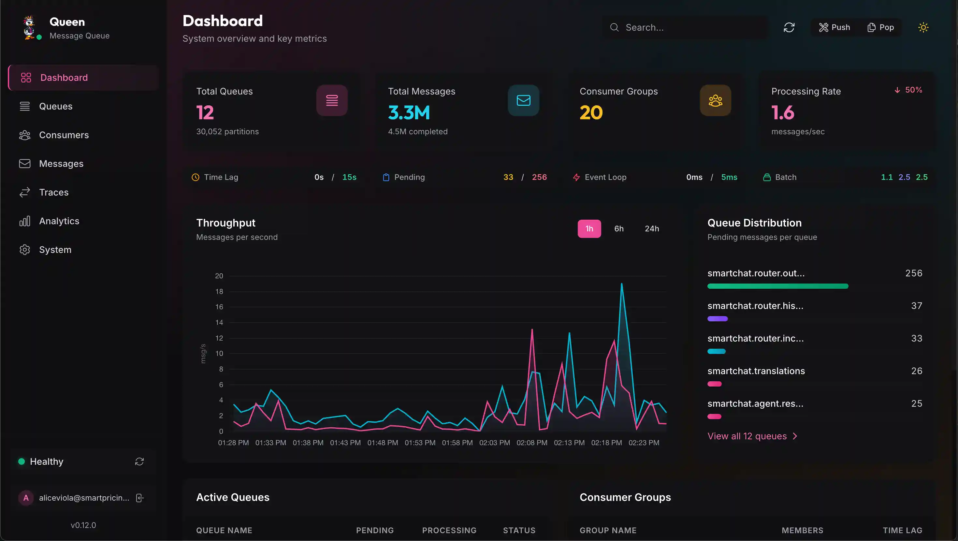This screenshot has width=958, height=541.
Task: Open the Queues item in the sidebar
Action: (55, 107)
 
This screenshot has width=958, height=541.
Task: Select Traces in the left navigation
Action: (53, 192)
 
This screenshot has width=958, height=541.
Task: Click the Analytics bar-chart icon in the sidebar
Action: (24, 221)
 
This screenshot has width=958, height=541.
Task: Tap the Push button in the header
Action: (834, 27)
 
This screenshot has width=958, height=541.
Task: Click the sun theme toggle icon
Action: (923, 27)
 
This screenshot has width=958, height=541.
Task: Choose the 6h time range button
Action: (619, 229)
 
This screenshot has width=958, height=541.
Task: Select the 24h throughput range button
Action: (652, 229)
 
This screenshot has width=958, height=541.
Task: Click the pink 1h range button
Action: (589, 229)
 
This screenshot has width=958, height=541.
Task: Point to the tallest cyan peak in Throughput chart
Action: (621, 284)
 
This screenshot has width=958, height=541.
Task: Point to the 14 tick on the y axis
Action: (219, 323)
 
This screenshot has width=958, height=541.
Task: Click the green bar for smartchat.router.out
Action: (777, 286)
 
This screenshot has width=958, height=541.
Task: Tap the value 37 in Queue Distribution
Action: (916, 306)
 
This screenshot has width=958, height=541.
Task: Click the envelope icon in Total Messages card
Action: (523, 100)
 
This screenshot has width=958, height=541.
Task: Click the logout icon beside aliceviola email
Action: (140, 498)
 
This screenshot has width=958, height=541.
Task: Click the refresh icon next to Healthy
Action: (139, 462)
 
